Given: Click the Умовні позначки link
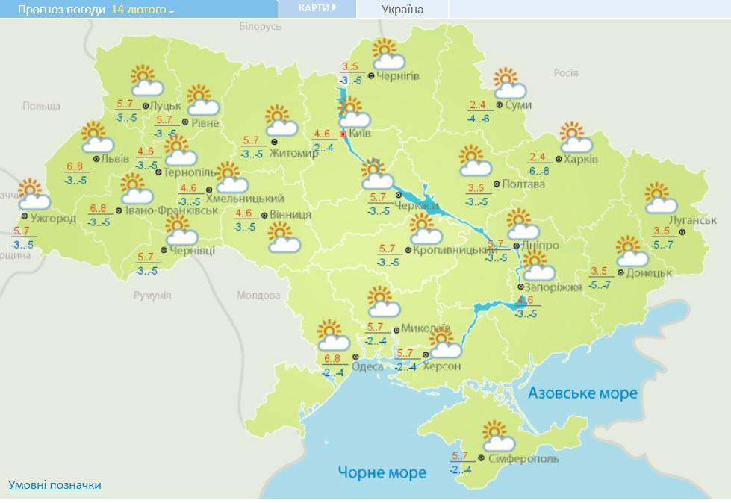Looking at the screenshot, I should [x=55, y=485].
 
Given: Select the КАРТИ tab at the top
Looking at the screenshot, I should [x=317, y=8].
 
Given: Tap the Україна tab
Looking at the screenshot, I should [x=402, y=10].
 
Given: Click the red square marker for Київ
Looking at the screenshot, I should [x=343, y=134].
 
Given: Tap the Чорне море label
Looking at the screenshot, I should [x=382, y=472].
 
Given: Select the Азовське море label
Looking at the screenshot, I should [x=582, y=393].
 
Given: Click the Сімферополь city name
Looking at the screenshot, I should [x=522, y=458].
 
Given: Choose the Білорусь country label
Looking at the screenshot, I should [x=260, y=26].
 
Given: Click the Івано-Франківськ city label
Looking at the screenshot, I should [x=171, y=210].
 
